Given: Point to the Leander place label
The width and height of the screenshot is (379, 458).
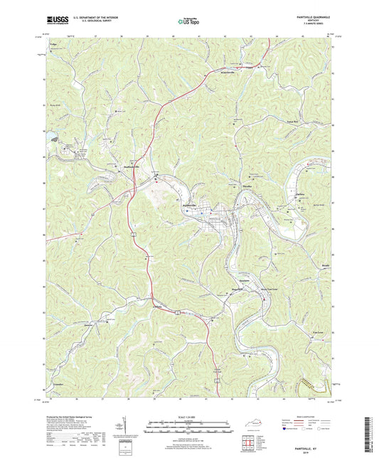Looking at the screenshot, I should coord(59,385).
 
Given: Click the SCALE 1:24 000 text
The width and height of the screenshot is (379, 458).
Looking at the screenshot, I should coord(189,416).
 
